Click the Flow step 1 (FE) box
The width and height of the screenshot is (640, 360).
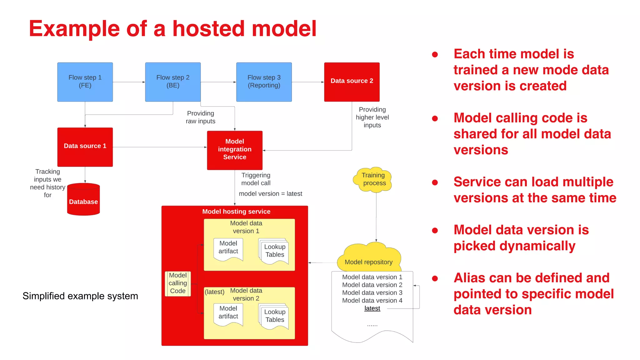[x=85, y=82]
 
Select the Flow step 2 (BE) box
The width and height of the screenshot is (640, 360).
[x=173, y=82]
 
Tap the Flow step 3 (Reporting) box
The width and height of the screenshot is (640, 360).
[x=264, y=82]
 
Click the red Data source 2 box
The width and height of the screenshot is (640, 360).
[x=352, y=82]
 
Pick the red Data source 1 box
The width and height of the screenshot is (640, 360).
[x=85, y=147]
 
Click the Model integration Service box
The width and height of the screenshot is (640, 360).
[x=235, y=150]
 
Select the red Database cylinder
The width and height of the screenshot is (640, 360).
[x=83, y=200]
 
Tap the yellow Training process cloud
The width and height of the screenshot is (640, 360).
[x=373, y=179]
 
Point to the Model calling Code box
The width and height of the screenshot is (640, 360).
[x=178, y=283]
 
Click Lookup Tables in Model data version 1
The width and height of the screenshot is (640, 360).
[x=274, y=251]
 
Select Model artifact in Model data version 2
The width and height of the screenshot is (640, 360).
[x=228, y=312]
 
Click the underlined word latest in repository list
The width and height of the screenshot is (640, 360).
[x=372, y=308]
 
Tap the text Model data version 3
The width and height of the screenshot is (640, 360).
[x=372, y=293]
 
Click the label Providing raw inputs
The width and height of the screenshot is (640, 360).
[x=201, y=117]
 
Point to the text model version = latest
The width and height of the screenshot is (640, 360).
[x=270, y=194]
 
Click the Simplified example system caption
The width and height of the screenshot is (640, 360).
[x=80, y=296]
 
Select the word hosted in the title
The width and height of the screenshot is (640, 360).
[x=209, y=29]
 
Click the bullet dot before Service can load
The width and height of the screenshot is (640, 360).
[x=435, y=182]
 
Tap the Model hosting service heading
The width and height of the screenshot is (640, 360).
[x=236, y=212]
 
